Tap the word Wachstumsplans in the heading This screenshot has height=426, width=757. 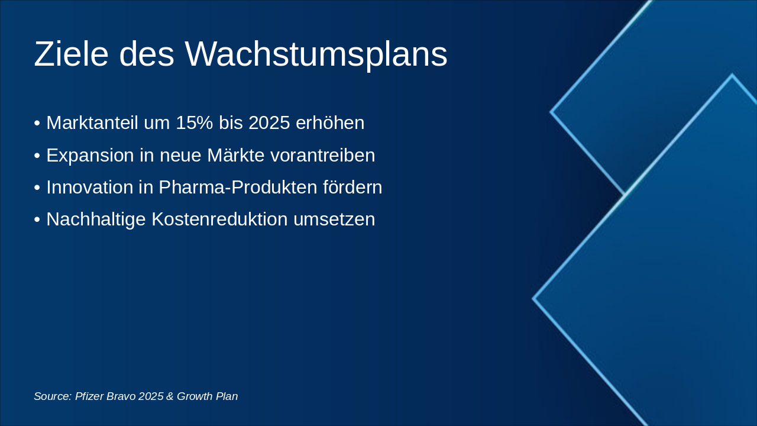click(316, 54)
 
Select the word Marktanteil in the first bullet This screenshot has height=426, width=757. click(92, 123)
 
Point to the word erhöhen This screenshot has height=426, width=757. click(329, 123)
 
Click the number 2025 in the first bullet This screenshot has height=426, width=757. click(269, 123)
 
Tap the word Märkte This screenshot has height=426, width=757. click(235, 155)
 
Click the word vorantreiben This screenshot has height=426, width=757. click(322, 155)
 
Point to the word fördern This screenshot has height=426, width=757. click(352, 187)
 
